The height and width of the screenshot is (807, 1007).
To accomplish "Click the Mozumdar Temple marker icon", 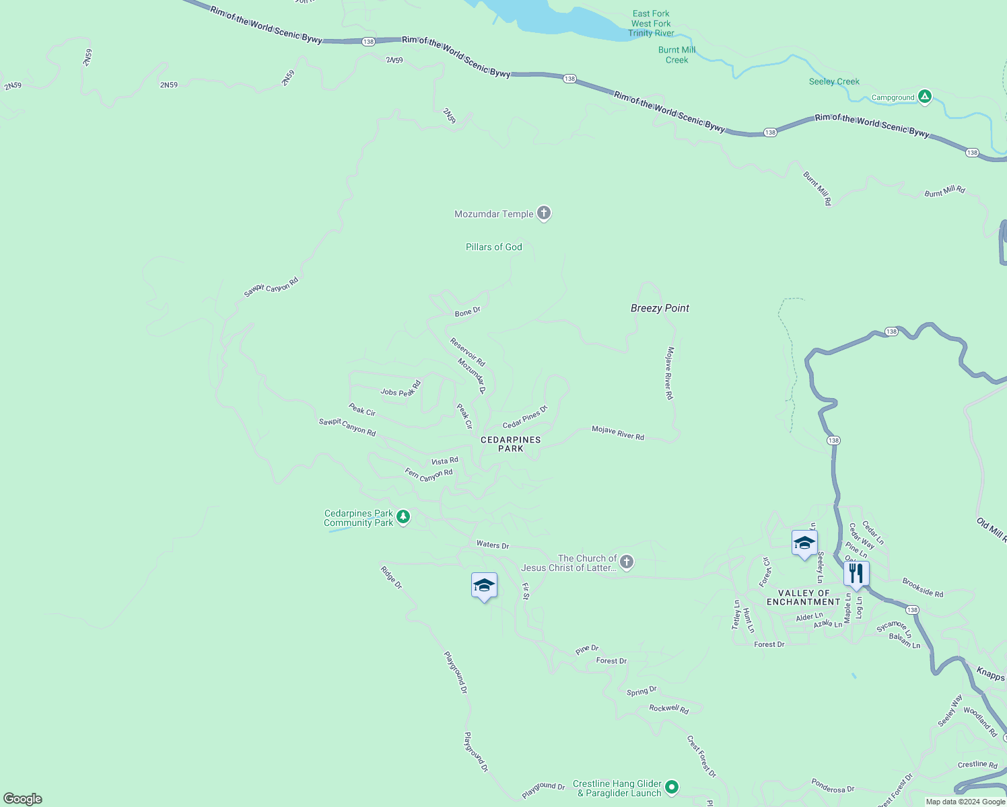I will point(544,213).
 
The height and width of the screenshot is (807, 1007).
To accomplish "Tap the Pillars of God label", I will point(493,247).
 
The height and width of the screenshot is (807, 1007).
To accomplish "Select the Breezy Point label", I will point(660,308).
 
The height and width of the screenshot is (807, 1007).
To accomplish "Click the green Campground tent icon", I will point(925,97).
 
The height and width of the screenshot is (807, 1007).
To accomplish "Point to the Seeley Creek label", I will point(834,81).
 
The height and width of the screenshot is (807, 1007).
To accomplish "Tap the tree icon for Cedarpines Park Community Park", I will point(403,517).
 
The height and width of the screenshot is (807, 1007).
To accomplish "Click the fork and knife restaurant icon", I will point(856,574).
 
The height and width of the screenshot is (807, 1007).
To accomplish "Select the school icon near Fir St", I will point(484,585).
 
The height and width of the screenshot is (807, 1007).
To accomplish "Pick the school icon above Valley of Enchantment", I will point(804,543).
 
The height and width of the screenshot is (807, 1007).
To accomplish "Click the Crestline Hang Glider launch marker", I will point(672,786).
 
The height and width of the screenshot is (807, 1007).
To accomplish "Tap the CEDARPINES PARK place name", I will point(511,444).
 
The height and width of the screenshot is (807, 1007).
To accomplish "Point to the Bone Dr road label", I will point(468,311).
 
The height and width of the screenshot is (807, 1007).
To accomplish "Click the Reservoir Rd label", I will point(468,352).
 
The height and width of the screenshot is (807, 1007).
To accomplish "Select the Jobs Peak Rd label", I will point(401,389).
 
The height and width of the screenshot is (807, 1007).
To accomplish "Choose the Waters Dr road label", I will point(493,545).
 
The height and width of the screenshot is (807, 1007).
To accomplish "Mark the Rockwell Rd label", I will point(668,709).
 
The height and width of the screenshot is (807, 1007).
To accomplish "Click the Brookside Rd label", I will point(923,588).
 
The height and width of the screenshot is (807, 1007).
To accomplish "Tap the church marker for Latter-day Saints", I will point(627,562).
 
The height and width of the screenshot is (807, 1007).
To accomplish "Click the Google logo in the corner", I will point(23,798).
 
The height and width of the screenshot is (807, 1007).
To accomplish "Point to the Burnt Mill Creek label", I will point(676,54).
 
